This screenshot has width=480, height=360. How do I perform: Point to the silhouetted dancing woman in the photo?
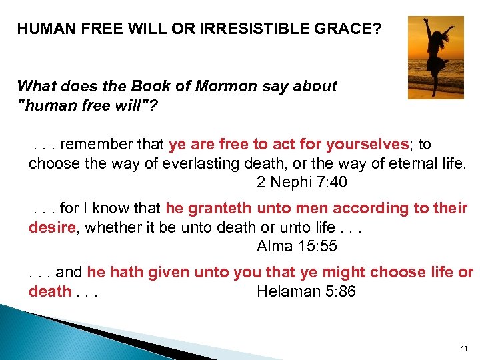click(x=437, y=56)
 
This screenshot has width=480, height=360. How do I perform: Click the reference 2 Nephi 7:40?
click(x=302, y=182)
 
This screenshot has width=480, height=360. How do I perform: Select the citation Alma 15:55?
click(x=297, y=246)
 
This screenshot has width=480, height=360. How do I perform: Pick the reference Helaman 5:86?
click(x=306, y=291)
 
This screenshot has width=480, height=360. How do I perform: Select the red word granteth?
click(x=219, y=209)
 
